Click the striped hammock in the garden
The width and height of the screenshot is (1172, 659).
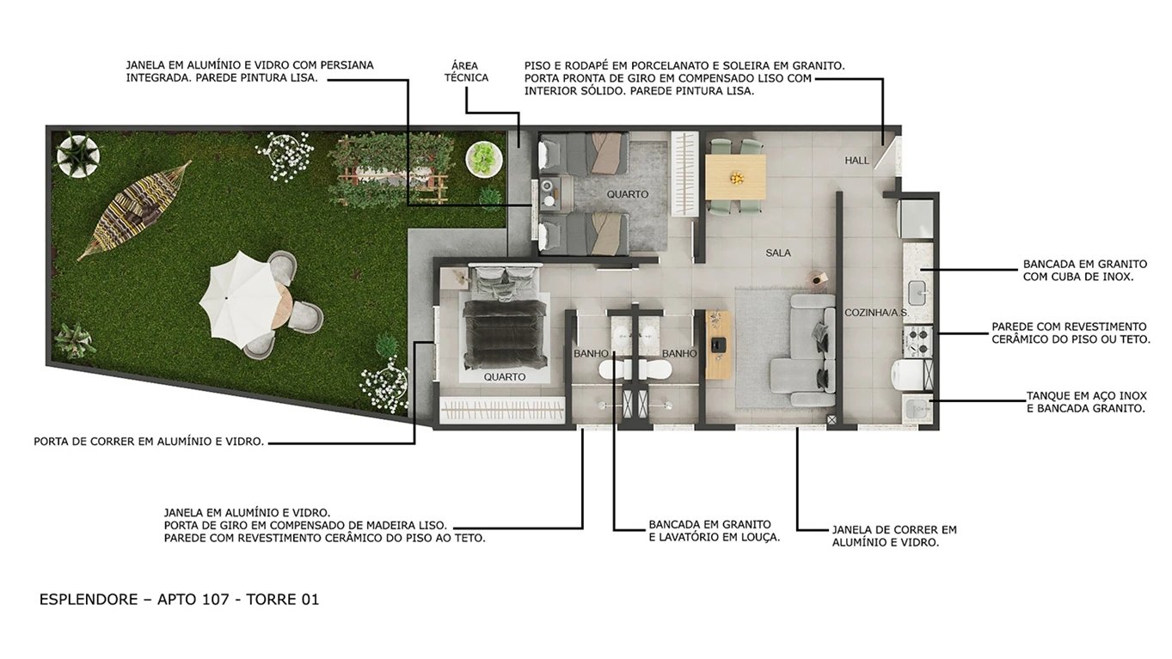(x=133, y=210)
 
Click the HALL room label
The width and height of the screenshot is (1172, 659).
(x=856, y=161)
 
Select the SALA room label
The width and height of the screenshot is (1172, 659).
(x=777, y=253)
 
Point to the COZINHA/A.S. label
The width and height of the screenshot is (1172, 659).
(x=876, y=313)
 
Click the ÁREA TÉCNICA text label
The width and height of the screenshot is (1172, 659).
(x=466, y=71)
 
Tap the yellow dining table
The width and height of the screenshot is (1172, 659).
(x=735, y=176)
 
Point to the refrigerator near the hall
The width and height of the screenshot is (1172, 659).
(x=915, y=217)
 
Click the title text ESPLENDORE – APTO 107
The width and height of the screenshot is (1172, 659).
(x=179, y=600)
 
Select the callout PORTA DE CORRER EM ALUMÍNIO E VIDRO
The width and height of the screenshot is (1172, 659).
(x=149, y=442)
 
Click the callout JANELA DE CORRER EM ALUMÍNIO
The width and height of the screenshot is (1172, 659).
(x=893, y=536)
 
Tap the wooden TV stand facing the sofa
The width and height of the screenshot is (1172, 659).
(x=718, y=345)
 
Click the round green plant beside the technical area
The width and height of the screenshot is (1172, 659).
(x=484, y=158)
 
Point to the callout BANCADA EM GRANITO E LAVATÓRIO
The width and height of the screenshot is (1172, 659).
(x=714, y=531)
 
